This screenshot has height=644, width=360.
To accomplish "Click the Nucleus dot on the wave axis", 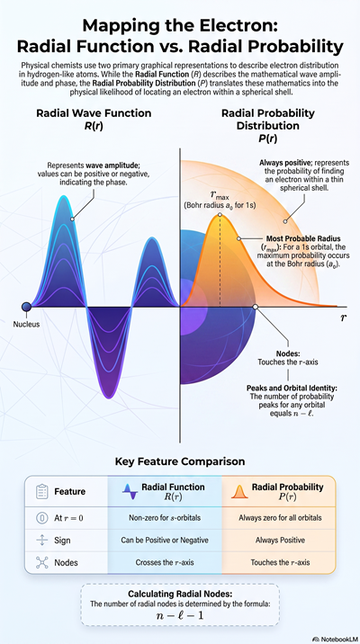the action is coord(27,307).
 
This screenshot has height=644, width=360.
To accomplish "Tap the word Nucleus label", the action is coord(26,324).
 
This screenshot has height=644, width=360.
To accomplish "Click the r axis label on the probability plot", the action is coord(343,318).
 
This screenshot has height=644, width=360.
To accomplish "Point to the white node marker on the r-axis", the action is coord(256,307).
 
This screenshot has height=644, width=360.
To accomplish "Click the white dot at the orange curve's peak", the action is coord(220,214).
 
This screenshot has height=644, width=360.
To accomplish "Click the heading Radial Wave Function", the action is coord(94,113).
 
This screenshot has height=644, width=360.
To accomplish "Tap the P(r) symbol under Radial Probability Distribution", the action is coord(267,139).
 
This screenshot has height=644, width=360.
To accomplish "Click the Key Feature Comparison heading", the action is coord(180,461).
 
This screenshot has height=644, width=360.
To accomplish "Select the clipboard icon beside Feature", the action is coord(42,492).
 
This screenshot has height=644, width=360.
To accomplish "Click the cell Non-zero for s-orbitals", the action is coord(165,518).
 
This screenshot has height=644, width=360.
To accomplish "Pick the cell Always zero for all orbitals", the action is coord(280,518).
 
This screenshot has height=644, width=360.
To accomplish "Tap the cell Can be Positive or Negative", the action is coord(165,540).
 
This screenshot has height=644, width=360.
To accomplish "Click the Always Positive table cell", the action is coord(280,540).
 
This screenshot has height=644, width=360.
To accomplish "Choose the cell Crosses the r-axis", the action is coord(165,562).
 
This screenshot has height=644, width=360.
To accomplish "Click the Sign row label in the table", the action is coord(62,540).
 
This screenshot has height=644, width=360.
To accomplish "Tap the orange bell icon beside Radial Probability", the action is coord(239,492).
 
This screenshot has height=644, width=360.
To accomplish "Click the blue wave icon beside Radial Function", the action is coord(130,492).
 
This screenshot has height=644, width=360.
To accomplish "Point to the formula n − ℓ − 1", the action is coord(180,615).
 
